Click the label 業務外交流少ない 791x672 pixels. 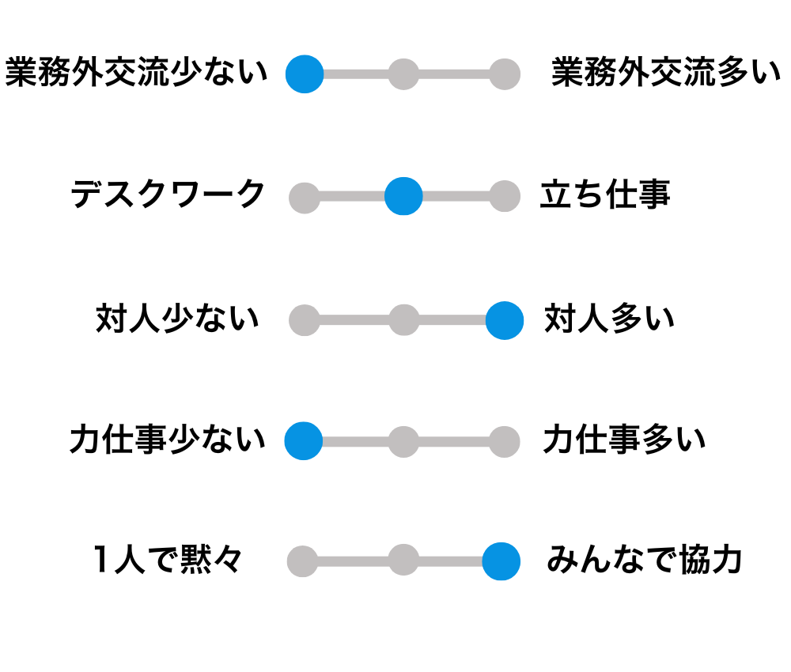(x=136, y=74)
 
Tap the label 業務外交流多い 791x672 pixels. (x=666, y=74)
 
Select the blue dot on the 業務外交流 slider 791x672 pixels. (x=305, y=74)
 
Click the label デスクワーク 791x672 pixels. (x=168, y=194)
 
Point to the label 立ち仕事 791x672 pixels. (x=605, y=194)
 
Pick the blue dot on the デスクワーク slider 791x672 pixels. (x=403, y=196)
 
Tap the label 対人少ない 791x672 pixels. (x=177, y=319)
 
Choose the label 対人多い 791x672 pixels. (x=609, y=319)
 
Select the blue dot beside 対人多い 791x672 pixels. (x=504, y=320)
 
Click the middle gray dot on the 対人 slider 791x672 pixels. (x=403, y=320)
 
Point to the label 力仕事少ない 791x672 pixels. (x=168, y=440)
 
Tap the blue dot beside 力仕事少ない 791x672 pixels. (x=304, y=441)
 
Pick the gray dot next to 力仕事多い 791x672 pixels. (x=504, y=442)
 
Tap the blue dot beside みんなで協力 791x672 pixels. (x=501, y=561)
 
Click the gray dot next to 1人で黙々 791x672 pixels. (x=302, y=562)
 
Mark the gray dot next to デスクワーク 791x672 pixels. (x=305, y=198)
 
